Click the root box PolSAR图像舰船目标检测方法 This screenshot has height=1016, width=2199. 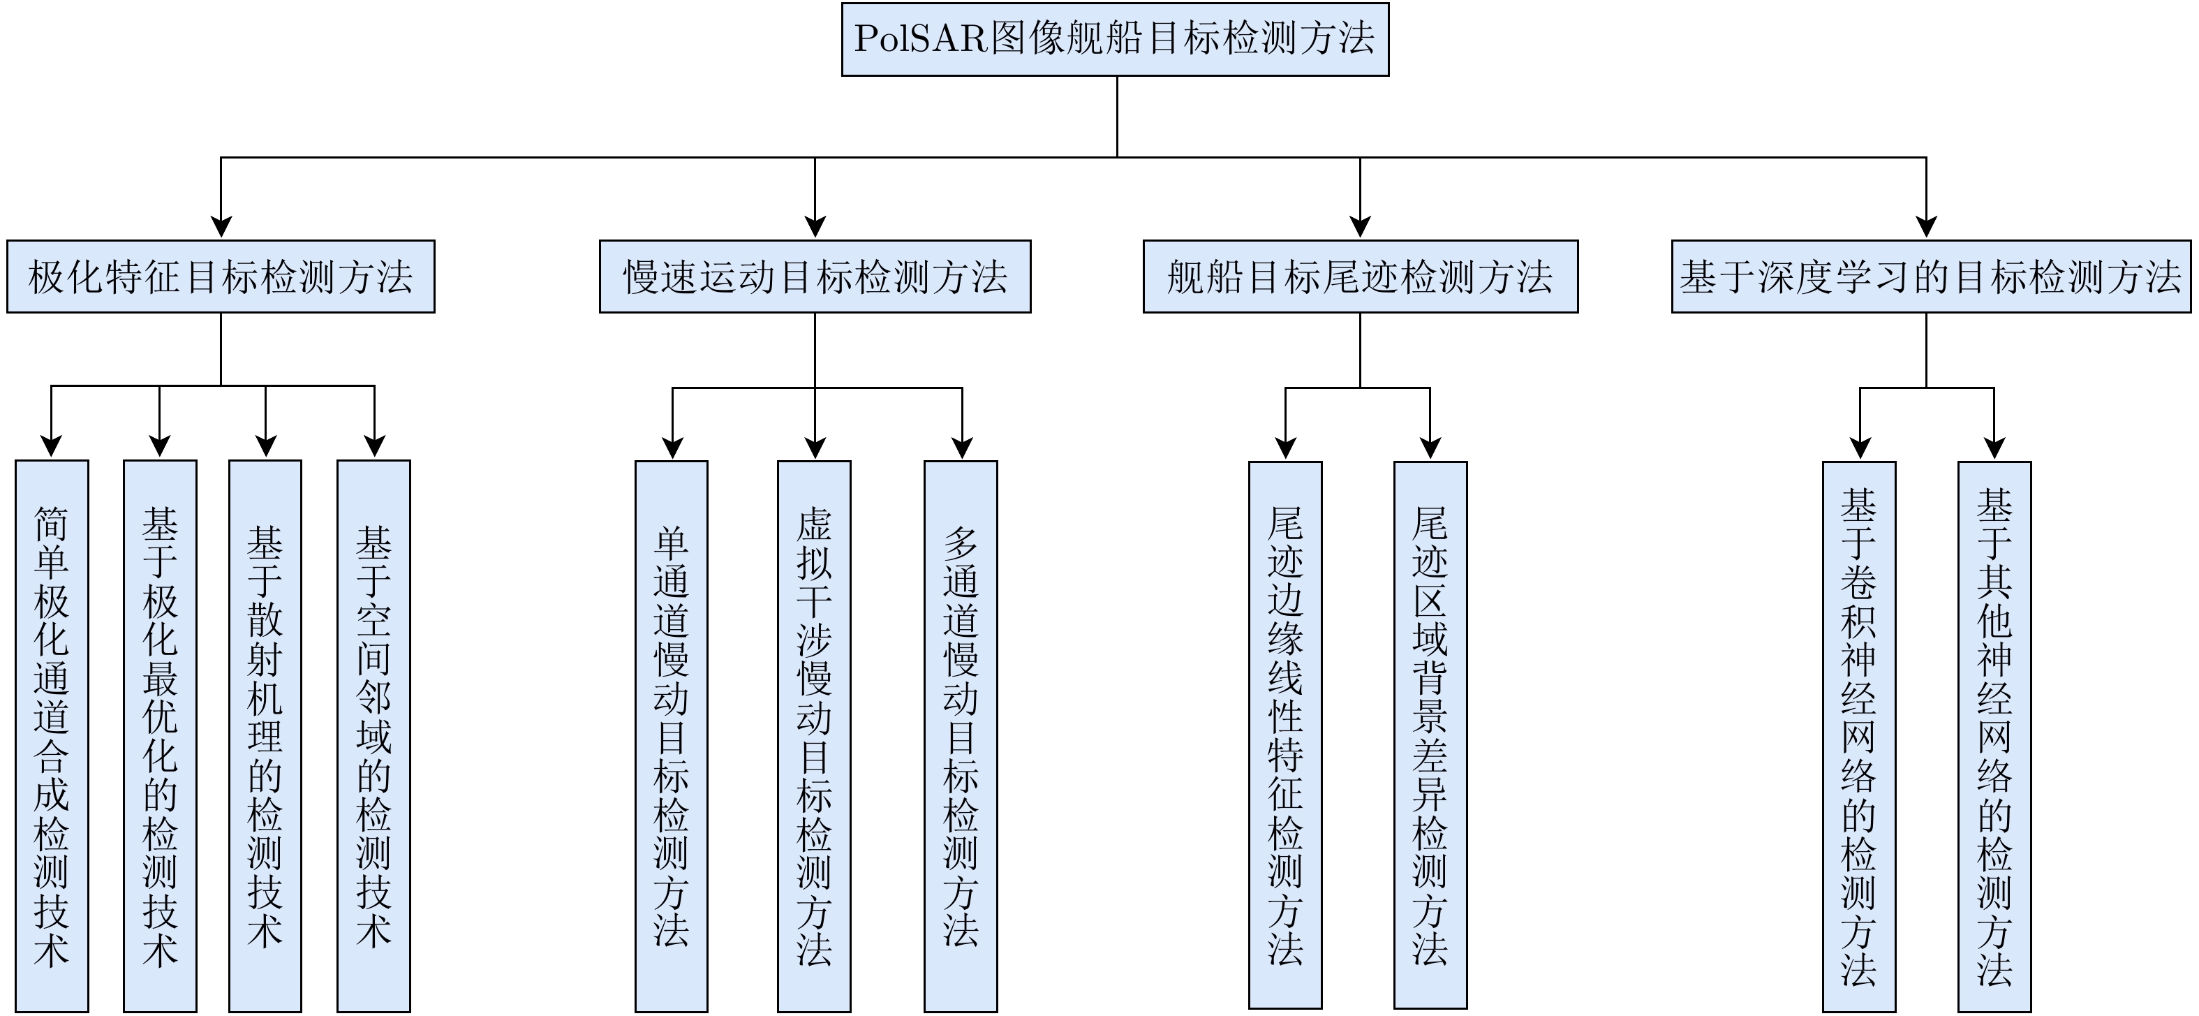pyautogui.click(x=1115, y=39)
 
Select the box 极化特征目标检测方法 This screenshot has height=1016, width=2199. pyautogui.click(x=220, y=277)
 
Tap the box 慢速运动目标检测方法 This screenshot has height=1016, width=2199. pyautogui.click(x=815, y=277)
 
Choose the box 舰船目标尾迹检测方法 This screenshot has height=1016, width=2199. pyautogui.click(x=1360, y=277)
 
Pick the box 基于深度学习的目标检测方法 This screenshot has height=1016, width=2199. pyautogui.click(x=1930, y=277)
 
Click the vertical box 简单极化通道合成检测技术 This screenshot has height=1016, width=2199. pyautogui.click(x=51, y=736)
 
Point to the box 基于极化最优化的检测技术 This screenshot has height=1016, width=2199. pyautogui.click(x=160, y=736)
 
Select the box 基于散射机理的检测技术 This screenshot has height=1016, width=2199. pyautogui.click(x=265, y=736)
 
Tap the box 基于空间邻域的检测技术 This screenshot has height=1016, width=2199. pyautogui.click(x=373, y=736)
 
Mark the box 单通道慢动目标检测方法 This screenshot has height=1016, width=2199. pyautogui.click(x=671, y=736)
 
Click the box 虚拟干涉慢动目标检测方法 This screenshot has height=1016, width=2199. pyautogui.click(x=813, y=736)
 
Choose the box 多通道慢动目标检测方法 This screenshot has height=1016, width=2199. pyautogui.click(x=961, y=736)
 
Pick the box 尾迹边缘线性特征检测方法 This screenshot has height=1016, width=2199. pyautogui.click(x=1284, y=736)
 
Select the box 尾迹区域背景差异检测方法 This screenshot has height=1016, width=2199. pyautogui.click(x=1430, y=736)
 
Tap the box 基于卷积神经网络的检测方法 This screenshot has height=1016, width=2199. pyautogui.click(x=1858, y=736)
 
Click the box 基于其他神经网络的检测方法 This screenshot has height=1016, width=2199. pyautogui.click(x=1994, y=736)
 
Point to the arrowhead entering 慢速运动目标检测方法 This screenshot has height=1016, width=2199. pyautogui.click(x=815, y=226)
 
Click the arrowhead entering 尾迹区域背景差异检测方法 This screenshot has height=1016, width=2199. pyautogui.click(x=1430, y=448)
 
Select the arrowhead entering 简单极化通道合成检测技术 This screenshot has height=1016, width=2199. pyautogui.click(x=51, y=446)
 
